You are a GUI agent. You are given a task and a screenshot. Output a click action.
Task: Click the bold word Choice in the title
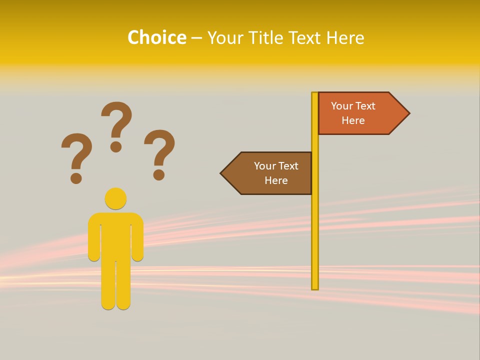(156, 37)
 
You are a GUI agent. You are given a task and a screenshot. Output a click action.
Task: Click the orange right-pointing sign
(360, 113)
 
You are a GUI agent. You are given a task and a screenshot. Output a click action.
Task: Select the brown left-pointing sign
(270, 173)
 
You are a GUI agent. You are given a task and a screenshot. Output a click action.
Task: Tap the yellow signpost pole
(315, 225)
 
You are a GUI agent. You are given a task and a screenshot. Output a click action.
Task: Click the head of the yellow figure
(115, 198)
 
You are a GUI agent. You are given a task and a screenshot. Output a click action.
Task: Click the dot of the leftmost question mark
(76, 177)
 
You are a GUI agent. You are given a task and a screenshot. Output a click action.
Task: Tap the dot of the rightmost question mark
(159, 174)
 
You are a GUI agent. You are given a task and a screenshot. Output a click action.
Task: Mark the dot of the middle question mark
(116, 146)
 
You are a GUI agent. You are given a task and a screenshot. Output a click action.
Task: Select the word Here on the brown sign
(276, 180)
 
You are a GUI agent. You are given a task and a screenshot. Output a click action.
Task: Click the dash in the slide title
(196, 38)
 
